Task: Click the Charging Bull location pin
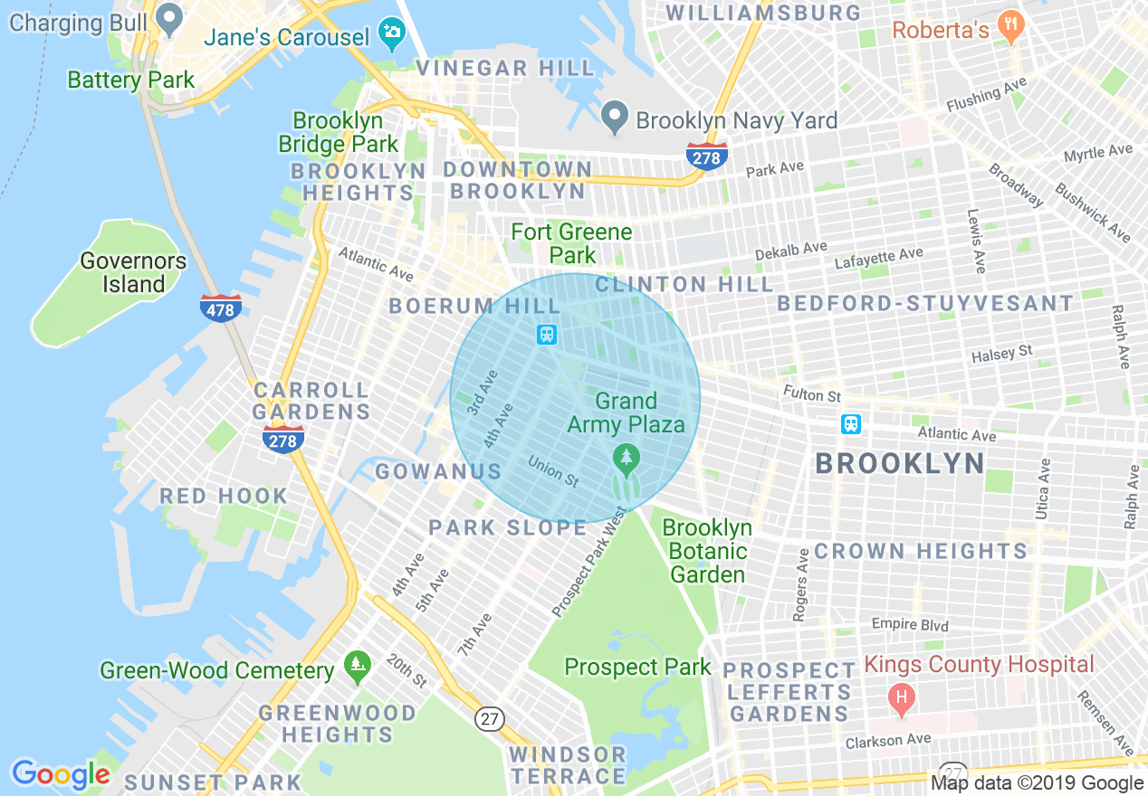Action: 169,15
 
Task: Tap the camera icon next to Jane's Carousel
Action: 392,32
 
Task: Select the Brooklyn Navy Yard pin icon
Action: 615,115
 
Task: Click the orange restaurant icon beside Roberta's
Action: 1009,25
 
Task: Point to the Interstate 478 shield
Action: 221,308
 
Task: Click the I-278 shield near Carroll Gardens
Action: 283,440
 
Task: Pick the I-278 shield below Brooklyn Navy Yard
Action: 706,156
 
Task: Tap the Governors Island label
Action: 133,272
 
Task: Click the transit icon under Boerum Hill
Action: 547,335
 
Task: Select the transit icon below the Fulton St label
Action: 850,424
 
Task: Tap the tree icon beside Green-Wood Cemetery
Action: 358,668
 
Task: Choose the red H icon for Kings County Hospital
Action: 901,697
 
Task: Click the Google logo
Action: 61,774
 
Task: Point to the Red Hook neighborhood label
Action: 224,496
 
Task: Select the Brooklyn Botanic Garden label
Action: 708,550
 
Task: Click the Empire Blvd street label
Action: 910,624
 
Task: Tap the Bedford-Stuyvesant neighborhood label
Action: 925,303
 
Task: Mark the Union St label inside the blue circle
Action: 553,469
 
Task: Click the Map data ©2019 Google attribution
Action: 1038,783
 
